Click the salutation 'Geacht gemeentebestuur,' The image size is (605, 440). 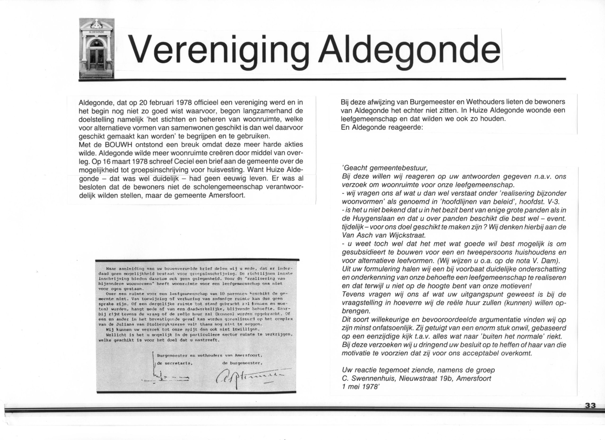pyautogui.click(x=385, y=168)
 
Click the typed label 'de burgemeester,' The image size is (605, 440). pyautogui.click(x=242, y=363)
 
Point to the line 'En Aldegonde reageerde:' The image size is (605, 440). pyautogui.click(x=382, y=127)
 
